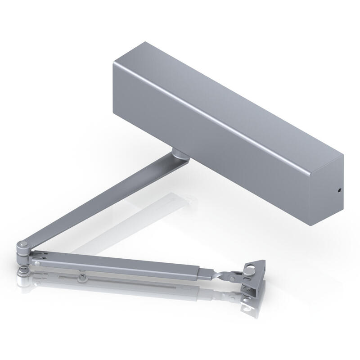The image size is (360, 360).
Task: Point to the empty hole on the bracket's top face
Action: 256,267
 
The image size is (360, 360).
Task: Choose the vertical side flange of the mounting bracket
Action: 252,288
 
